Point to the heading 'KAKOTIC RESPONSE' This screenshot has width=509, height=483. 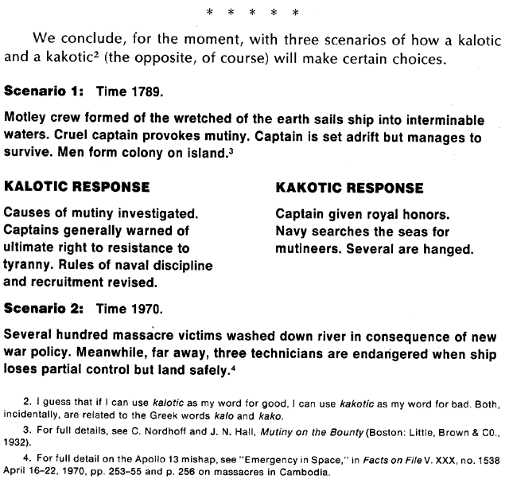pos(349,189)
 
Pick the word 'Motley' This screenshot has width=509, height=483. pos(25,119)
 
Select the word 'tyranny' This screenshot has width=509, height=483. pos(29,265)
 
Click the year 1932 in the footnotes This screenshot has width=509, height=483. pos(18,442)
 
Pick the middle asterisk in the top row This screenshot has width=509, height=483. pos(254,12)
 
